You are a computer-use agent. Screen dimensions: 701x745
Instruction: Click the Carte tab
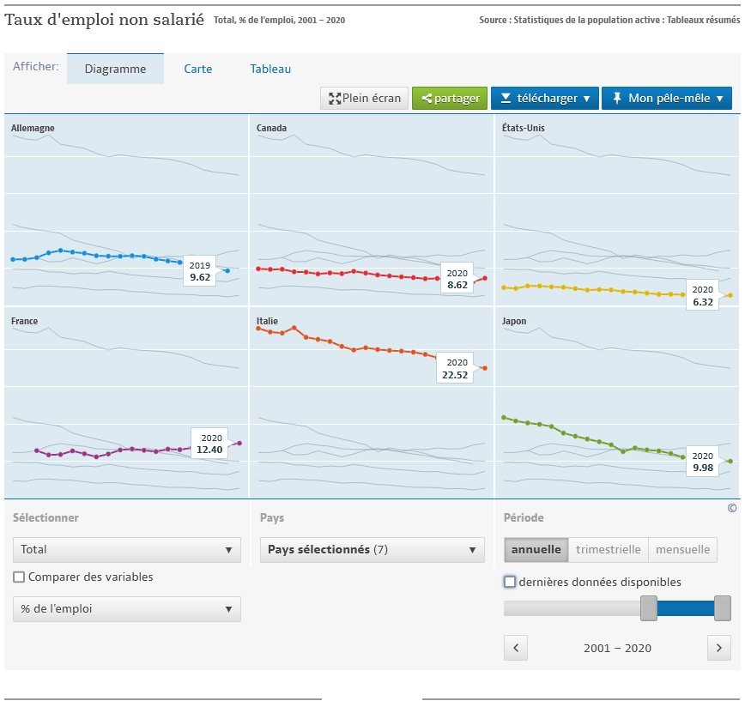[198, 69]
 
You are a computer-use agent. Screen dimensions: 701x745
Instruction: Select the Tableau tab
[270, 69]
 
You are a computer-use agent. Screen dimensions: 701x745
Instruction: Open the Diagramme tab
[115, 69]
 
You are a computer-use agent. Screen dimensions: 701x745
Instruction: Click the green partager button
[450, 99]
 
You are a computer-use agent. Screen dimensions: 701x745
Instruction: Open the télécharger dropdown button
[545, 99]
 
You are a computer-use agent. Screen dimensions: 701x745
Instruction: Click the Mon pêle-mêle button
[667, 99]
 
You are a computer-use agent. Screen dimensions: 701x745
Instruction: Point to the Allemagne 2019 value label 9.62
[200, 271]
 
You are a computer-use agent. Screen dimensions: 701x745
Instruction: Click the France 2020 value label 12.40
[209, 443]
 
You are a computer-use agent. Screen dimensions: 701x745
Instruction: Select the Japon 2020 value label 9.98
[703, 462]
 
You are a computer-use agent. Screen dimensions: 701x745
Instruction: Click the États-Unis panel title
[524, 128]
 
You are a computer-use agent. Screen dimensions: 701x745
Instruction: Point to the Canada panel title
[271, 128]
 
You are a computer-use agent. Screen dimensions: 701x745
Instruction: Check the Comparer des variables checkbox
[20, 577]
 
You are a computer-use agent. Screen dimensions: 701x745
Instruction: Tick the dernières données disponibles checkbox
[510, 582]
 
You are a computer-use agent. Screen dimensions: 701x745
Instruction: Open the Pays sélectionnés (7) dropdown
[372, 550]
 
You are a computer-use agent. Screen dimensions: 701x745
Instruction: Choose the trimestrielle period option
[609, 550]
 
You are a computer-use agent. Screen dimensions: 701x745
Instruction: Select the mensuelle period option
[682, 550]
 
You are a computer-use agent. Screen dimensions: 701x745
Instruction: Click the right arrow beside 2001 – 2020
[719, 648]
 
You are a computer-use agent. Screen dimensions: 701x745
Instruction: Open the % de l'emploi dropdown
[126, 609]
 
